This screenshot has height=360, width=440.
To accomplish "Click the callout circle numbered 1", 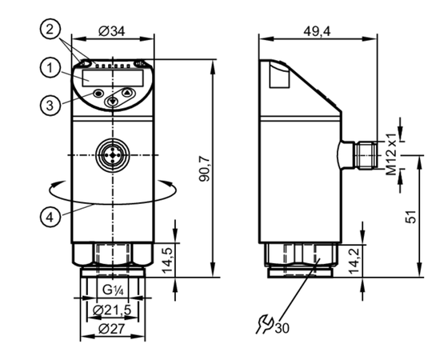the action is point(50,68).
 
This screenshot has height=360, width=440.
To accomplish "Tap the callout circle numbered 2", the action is point(50,29).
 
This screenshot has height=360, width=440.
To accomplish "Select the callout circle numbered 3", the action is point(50,106).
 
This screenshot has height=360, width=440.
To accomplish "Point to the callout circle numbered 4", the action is point(50,217).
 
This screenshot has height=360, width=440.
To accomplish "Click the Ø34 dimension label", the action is point(112,31).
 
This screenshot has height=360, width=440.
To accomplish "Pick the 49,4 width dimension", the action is point(317,32).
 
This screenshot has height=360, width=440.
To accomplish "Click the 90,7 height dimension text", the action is point(205,168).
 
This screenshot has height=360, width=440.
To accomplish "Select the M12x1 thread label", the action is point(391,154).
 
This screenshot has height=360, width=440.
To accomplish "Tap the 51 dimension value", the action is point(411,216).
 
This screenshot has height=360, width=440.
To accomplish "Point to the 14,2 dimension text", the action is point(354,261).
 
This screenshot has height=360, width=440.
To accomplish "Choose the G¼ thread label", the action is point(113,290).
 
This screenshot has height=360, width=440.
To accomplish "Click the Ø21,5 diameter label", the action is point(112,310).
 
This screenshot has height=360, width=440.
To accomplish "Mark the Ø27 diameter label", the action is point(112,329).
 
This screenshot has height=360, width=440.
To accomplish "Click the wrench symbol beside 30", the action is point(265,324).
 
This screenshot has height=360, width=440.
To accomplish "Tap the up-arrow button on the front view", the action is point(128,92).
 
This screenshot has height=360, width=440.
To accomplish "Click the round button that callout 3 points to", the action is point(98,93).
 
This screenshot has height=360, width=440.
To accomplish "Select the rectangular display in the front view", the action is point(113,78).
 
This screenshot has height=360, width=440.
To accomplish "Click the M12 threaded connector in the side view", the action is point(366,155).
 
